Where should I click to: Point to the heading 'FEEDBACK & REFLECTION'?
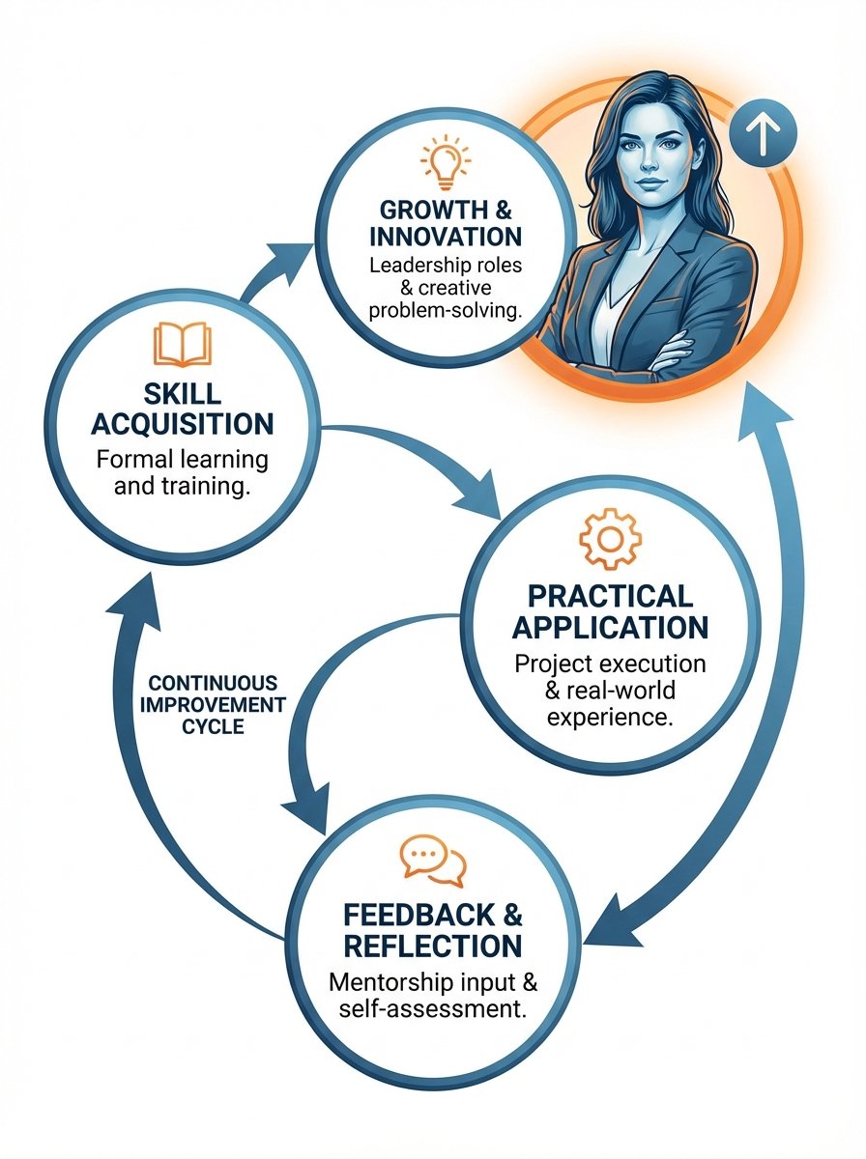click(431, 930)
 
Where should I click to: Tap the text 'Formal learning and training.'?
click(183, 472)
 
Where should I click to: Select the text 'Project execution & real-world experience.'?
click(610, 691)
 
